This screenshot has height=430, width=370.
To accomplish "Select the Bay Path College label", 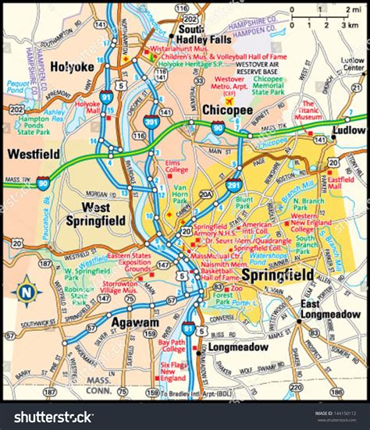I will pyautogui.click(x=173, y=346).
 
